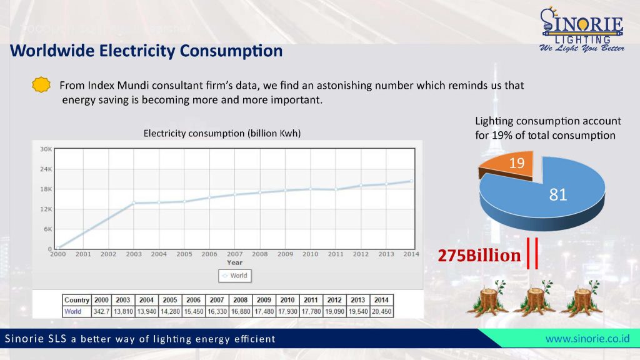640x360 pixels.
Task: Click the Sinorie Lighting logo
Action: click(x=581, y=30)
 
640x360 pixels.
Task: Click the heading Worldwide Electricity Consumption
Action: click(x=146, y=51)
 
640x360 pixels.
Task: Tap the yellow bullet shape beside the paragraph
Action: click(x=41, y=84)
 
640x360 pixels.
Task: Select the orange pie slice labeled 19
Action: click(x=506, y=165)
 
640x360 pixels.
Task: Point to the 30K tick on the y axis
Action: click(x=46, y=149)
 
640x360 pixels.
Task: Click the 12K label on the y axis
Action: click(x=46, y=209)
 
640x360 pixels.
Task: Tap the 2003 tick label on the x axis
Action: click(x=134, y=254)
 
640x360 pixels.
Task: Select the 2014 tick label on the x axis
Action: click(x=411, y=254)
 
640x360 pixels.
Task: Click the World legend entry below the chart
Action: click(x=234, y=276)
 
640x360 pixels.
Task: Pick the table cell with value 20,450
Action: click(x=381, y=311)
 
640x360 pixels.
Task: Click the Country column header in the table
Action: click(x=77, y=300)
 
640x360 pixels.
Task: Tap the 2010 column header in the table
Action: click(x=287, y=300)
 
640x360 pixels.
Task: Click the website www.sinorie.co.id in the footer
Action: click(x=587, y=339)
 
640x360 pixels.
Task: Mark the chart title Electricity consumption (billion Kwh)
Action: click(x=222, y=133)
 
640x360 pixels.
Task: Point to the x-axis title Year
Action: click(x=234, y=262)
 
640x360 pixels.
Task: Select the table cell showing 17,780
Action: click(x=311, y=311)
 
